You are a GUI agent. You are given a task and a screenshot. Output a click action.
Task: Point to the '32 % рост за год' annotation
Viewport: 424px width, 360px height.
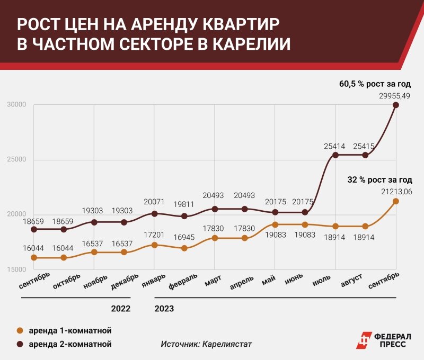(x=379, y=179)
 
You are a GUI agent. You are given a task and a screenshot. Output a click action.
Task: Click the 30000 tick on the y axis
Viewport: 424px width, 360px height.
(x=16, y=105)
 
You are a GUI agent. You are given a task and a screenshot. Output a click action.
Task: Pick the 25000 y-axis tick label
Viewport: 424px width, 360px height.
(x=16, y=160)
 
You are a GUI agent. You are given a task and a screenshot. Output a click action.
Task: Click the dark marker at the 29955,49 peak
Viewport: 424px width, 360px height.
(x=395, y=105)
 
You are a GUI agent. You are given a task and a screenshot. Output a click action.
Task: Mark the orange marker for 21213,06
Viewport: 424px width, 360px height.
(x=395, y=201)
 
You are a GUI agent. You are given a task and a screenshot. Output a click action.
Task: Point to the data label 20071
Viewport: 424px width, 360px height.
(x=154, y=202)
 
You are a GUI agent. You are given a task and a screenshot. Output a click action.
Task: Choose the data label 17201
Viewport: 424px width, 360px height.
(x=154, y=234)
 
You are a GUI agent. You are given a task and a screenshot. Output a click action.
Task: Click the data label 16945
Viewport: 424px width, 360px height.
(x=184, y=237)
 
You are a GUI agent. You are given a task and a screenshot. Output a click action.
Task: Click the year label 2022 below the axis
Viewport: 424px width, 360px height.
(x=120, y=308)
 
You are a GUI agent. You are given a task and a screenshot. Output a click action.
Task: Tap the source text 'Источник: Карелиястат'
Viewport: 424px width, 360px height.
(x=206, y=344)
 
